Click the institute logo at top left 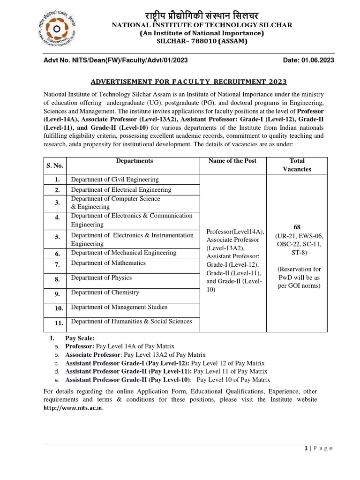pyautogui.click(x=56, y=30)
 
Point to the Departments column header pyautogui.click(x=134, y=161)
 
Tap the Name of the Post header pyautogui.click(x=232, y=161)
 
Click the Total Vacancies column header pyautogui.click(x=297, y=165)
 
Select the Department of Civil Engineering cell pyautogui.click(x=115, y=180)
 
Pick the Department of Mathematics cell pyautogui.click(x=108, y=263)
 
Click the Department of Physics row pyautogui.click(x=101, y=277)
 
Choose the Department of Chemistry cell pyautogui.click(x=105, y=292)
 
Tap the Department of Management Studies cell pyautogui.click(x=119, y=307)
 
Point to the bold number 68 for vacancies pyautogui.click(x=297, y=227)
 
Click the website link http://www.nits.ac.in pyautogui.click(x=73, y=408)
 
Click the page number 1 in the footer pyautogui.click(x=306, y=448)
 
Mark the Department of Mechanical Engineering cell pyautogui.click(x=124, y=253)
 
